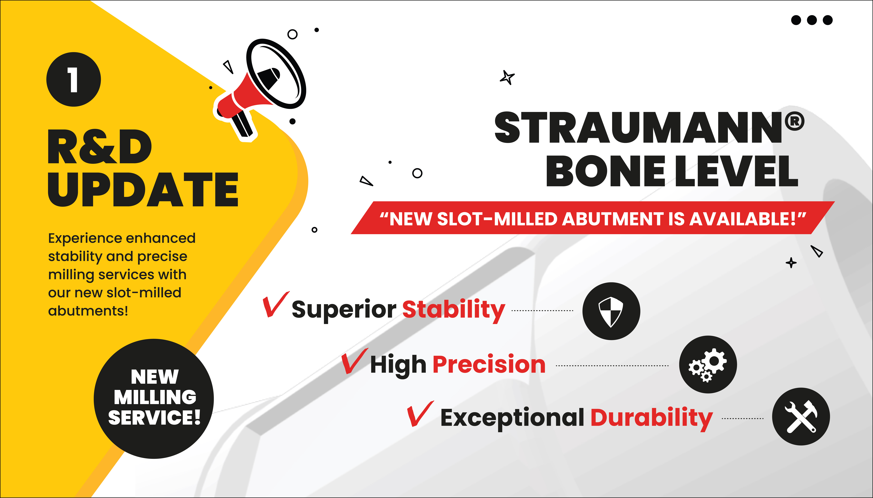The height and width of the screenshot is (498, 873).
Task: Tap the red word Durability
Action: click(652, 418)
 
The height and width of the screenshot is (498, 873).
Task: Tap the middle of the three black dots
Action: click(812, 20)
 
